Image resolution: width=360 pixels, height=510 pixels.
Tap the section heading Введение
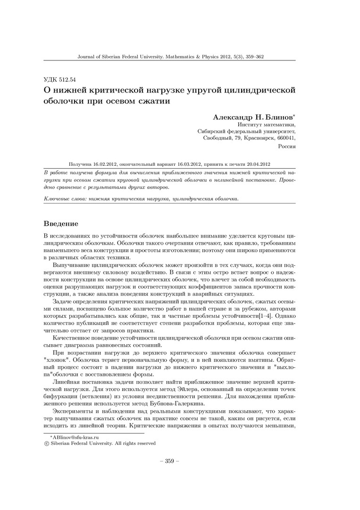61,222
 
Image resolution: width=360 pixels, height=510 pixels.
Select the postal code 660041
287,138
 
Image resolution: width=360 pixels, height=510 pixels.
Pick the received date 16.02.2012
103,164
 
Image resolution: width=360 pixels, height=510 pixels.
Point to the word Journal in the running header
86,56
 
